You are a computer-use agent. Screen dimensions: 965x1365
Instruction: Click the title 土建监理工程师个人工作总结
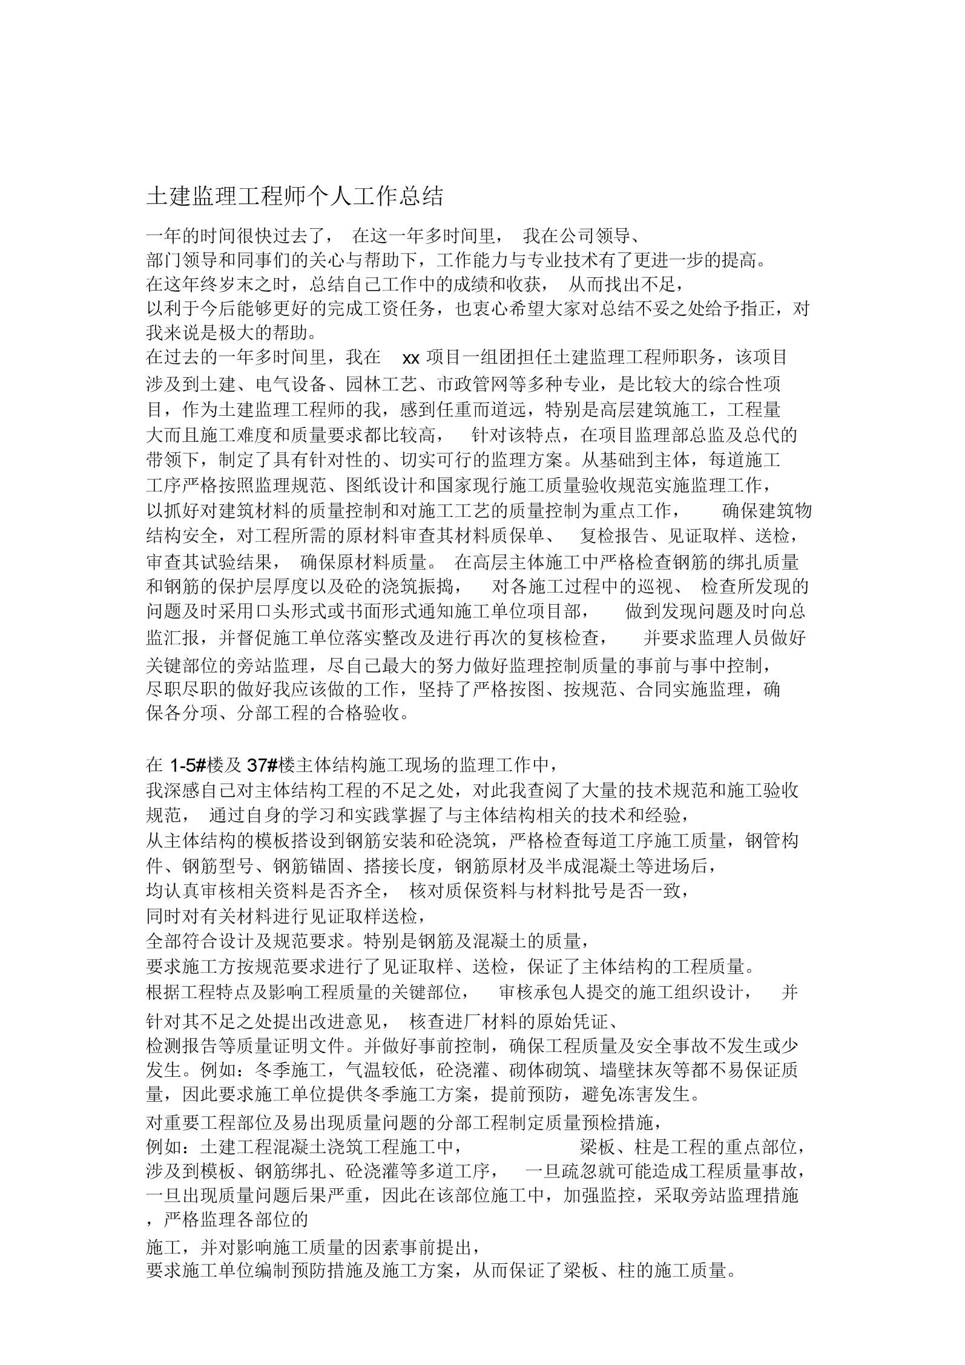295,196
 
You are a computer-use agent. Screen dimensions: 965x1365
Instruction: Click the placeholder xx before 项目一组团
411,358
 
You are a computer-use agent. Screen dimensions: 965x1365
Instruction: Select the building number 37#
262,766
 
